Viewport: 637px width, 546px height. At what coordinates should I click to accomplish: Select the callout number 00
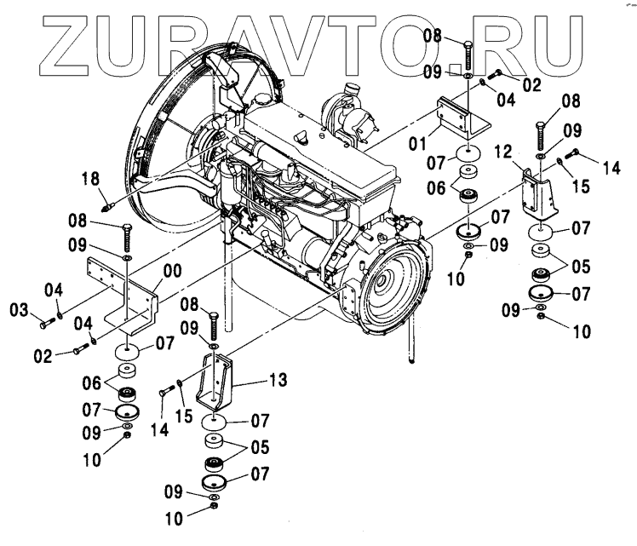coord(172,272)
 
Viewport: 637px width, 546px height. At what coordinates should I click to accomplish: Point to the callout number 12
coord(502,152)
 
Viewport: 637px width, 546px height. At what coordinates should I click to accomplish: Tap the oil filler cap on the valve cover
coord(301,137)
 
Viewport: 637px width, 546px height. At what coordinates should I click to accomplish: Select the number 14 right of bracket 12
coord(611,169)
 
